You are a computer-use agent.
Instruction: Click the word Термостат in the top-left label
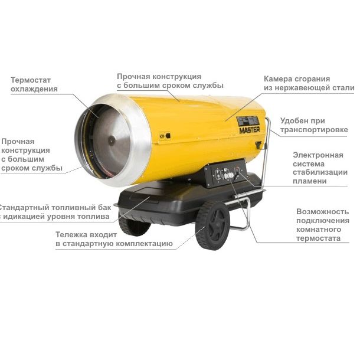click(x=31, y=80)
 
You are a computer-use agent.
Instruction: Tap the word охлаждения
click(x=34, y=89)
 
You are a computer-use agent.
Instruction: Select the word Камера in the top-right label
click(x=277, y=79)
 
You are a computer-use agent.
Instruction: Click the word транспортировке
click(x=314, y=130)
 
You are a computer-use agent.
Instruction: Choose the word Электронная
click(x=318, y=155)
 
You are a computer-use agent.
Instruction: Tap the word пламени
click(x=310, y=181)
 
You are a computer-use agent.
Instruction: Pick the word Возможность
click(x=323, y=211)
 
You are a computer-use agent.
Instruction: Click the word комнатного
click(x=319, y=230)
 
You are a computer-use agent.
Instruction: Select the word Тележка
click(x=71, y=235)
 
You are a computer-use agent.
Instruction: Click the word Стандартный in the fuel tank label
click(x=24, y=208)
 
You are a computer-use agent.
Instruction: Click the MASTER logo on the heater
click(x=249, y=130)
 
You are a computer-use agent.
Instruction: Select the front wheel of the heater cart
click(x=212, y=225)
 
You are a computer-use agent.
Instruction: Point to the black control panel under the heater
click(x=225, y=174)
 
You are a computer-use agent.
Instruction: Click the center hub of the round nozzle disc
click(x=112, y=140)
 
